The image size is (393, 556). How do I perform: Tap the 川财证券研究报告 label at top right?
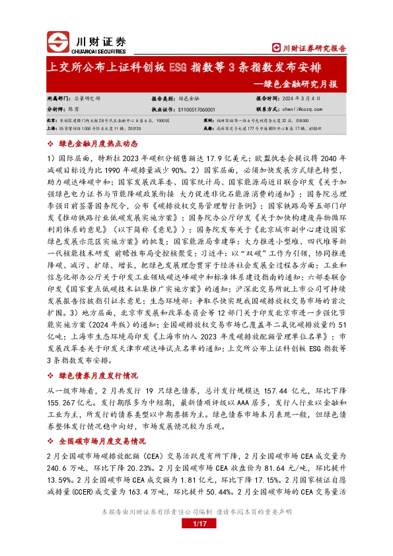pos(310,48)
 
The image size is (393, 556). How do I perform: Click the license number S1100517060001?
pos(201,109)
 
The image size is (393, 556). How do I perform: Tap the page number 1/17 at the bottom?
pos(196,524)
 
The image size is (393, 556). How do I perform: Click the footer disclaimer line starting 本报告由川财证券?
pos(196,512)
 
